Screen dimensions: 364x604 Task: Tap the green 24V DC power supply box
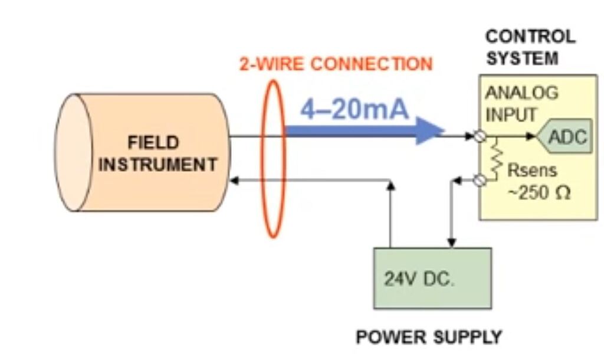(x=432, y=278)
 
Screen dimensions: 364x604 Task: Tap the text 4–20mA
(x=354, y=110)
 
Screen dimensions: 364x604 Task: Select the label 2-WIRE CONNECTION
(x=336, y=64)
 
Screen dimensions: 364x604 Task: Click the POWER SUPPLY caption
(x=429, y=337)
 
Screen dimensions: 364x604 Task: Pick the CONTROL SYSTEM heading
(x=530, y=48)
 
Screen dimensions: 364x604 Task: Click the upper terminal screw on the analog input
(x=481, y=137)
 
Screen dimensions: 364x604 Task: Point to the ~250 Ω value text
(x=539, y=194)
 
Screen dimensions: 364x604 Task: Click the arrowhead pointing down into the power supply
(x=452, y=242)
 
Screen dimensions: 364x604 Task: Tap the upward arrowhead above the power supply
(x=390, y=185)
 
